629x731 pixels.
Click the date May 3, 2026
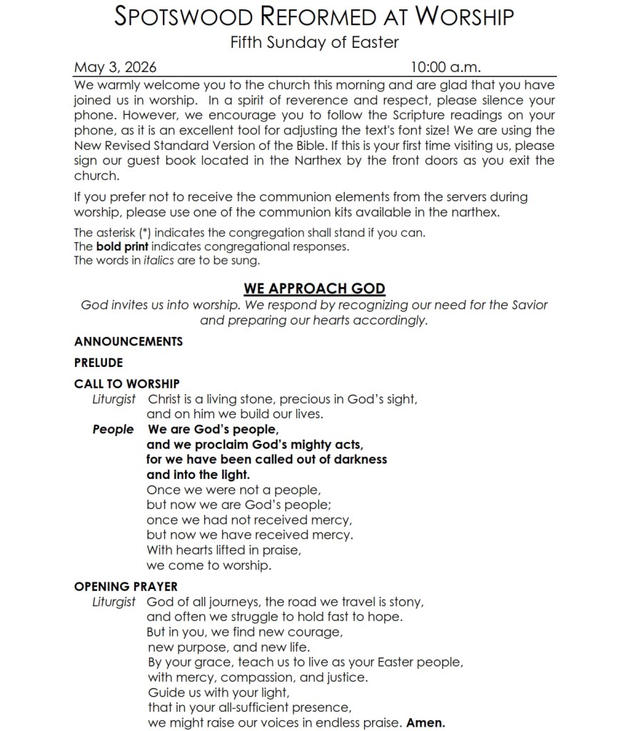coord(115,68)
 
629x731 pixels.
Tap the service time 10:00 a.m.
coord(445,68)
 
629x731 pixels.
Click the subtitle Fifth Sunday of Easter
coord(314,42)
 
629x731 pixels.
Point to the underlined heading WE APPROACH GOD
coord(314,288)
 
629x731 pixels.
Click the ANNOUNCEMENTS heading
coord(129,341)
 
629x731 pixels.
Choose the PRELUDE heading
coord(99,363)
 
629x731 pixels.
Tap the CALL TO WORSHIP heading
coord(127,384)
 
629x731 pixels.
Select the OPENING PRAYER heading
coord(126,587)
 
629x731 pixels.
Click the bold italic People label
coord(113,429)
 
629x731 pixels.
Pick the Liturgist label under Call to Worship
coord(114,399)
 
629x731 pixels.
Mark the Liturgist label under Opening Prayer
coord(114,602)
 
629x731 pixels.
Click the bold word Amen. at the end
coord(426,722)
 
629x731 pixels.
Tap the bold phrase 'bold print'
coord(122,246)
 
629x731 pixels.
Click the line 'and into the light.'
coord(198,474)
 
